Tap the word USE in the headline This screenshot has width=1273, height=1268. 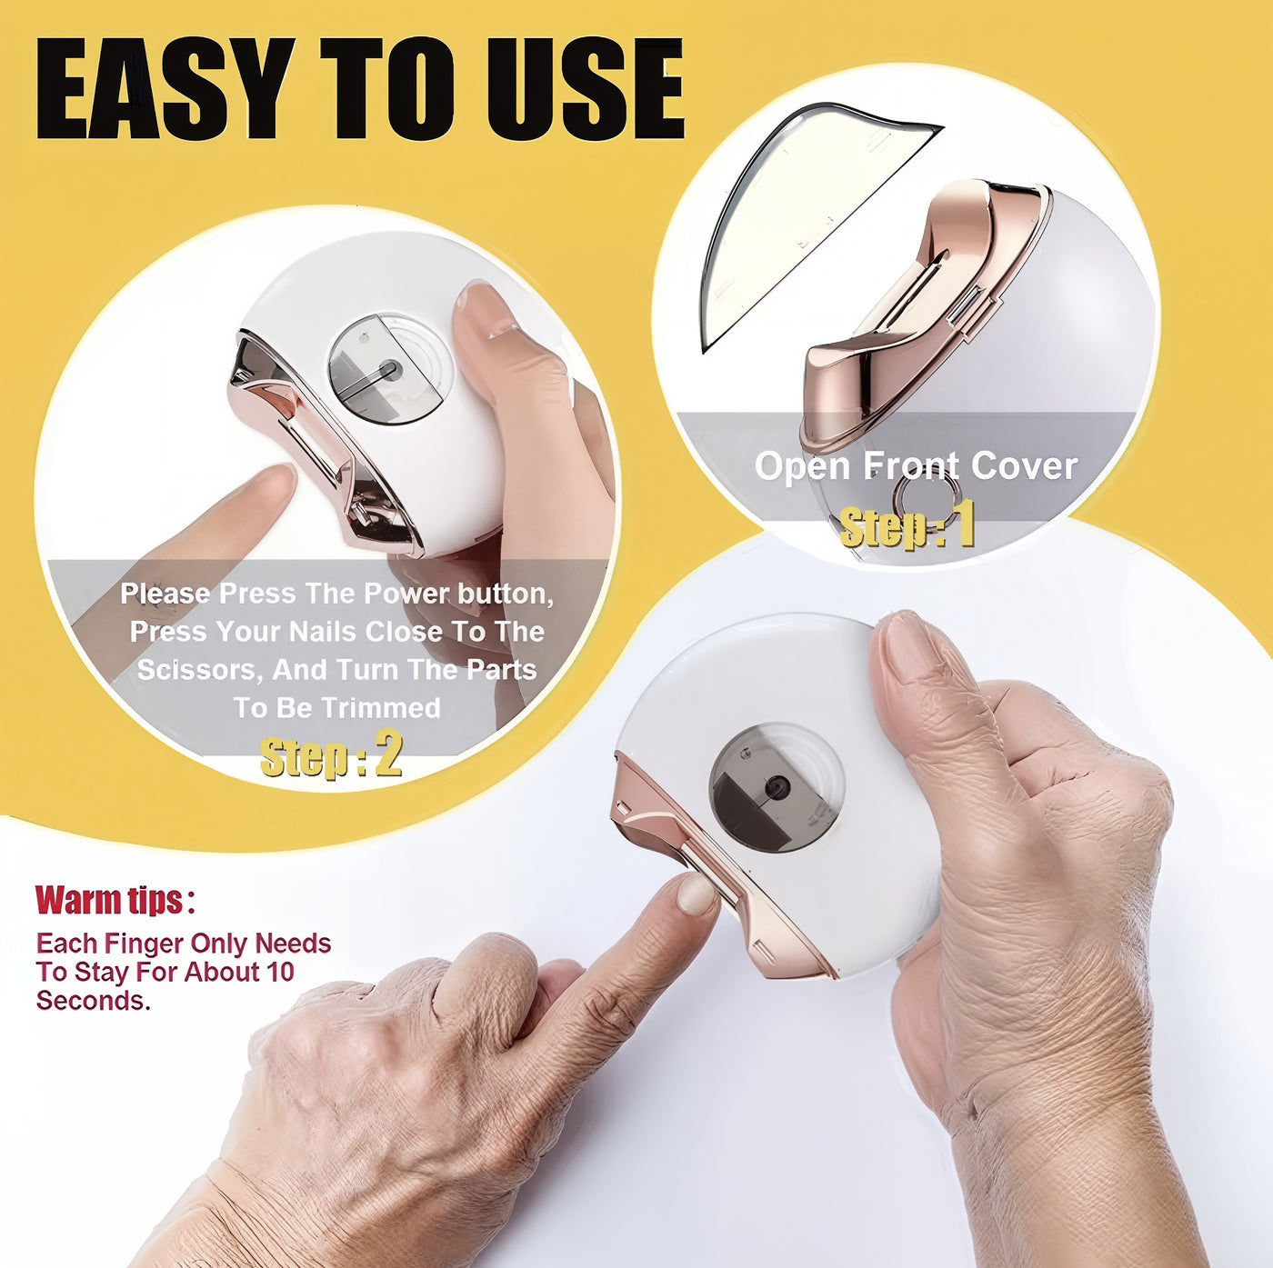pos(586,89)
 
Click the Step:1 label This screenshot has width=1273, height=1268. pos(907,526)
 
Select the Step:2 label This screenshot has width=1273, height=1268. pos(331,756)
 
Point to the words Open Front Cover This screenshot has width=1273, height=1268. pos(916,466)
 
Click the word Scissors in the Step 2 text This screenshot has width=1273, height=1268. pos(196,670)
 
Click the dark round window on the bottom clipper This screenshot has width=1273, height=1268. pos(776,787)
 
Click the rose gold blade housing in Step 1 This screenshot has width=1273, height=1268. pos(918,309)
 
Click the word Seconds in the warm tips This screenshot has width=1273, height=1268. pos(92,1001)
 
